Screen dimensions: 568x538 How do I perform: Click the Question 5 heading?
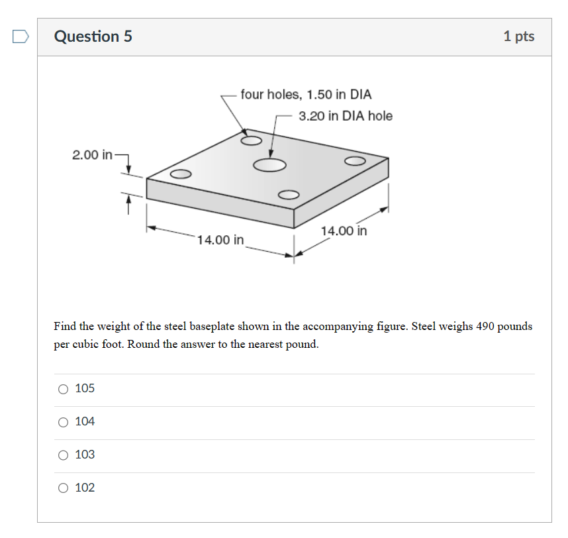93,36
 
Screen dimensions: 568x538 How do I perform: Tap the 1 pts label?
519,36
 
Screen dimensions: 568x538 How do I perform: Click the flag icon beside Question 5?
21,36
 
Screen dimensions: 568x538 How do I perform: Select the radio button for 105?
63,389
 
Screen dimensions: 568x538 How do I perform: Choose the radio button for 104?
63,422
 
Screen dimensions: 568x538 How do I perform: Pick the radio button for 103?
63,455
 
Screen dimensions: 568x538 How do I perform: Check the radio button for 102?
63,488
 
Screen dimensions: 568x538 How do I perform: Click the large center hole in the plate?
269,165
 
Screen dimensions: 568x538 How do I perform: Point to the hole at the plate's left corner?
181,174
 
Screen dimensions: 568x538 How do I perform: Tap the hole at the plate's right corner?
355,160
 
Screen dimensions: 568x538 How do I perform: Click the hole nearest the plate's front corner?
289,195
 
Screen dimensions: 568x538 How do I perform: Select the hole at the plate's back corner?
251,140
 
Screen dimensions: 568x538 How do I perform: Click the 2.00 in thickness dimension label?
92,155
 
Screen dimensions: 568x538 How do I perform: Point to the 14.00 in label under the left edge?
220,240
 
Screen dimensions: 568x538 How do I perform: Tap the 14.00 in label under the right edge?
344,231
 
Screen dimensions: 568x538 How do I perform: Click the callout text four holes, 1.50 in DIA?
306,94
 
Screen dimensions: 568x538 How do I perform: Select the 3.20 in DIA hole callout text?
346,116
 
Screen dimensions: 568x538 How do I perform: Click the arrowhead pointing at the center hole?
271,153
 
